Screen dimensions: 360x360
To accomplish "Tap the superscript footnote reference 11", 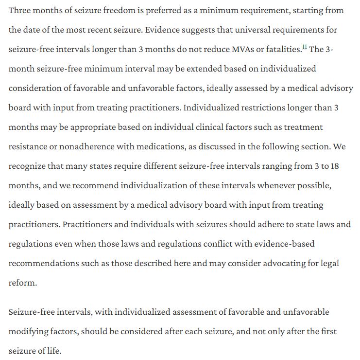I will coord(305,47).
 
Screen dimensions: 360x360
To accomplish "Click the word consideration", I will coord(36,88).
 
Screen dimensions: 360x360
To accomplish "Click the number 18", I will coord(335,166).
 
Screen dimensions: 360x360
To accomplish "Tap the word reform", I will coord(22,283).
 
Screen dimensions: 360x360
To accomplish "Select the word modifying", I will coord(29,331).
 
